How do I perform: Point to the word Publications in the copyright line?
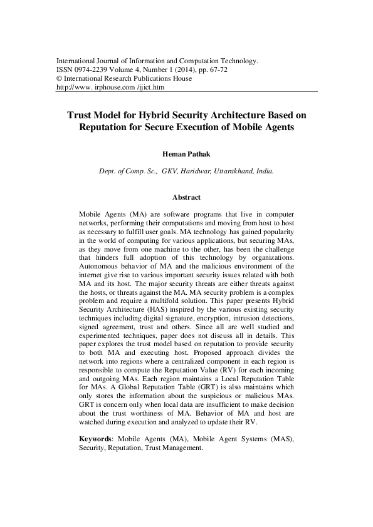[x=152, y=79]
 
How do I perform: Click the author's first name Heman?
[x=172, y=152]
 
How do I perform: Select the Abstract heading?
[x=186, y=197]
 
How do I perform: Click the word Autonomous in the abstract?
[x=103, y=267]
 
